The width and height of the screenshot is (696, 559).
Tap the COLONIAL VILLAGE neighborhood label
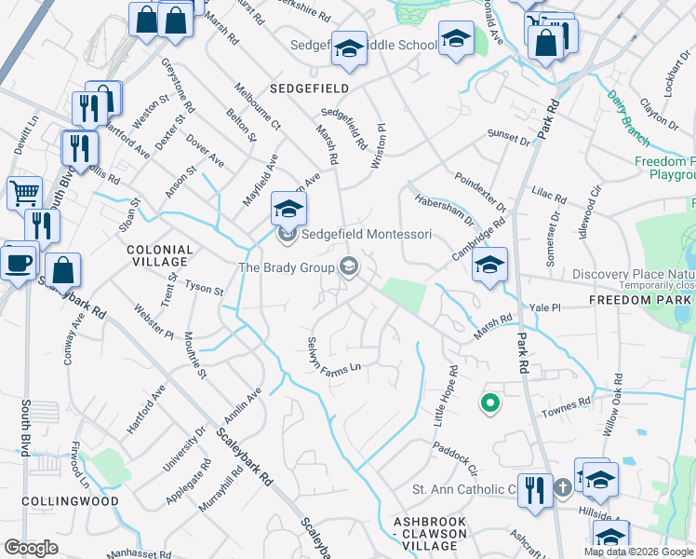click(160, 256)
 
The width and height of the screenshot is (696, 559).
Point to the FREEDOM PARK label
click(641, 301)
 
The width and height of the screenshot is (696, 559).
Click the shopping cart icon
click(24, 193)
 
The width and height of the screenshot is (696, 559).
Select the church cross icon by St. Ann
click(562, 488)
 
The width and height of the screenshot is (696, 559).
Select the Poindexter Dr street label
click(479, 191)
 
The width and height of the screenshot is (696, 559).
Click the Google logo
click(32, 548)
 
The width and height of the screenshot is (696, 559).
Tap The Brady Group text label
click(287, 268)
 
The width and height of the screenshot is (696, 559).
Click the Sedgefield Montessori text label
click(367, 235)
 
